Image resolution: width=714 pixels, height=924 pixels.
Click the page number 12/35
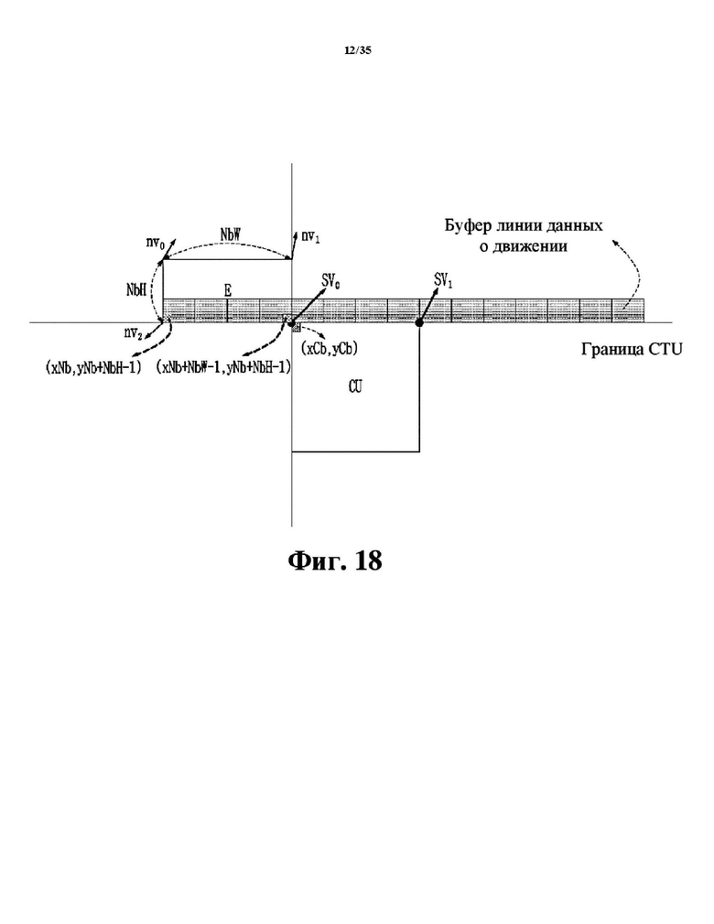pyautogui.click(x=358, y=50)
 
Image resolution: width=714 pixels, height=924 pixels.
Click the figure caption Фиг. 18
pyautogui.click(x=335, y=560)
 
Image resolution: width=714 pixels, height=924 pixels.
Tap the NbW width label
pyautogui.click(x=231, y=234)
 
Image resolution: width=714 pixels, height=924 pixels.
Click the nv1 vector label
pyautogui.click(x=310, y=236)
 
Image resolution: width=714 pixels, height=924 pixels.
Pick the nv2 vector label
pyautogui.click(x=133, y=333)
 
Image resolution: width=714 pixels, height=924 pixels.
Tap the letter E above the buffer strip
pyautogui.click(x=227, y=290)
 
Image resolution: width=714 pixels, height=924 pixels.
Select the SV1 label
pyautogui.click(x=443, y=281)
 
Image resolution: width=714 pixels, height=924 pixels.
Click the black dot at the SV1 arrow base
pyautogui.click(x=419, y=323)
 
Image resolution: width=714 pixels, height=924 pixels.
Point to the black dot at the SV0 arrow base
pyautogui.click(x=291, y=322)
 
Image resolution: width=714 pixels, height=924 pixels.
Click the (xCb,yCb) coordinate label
pyautogui.click(x=330, y=348)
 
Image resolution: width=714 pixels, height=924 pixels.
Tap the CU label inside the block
pyautogui.click(x=355, y=386)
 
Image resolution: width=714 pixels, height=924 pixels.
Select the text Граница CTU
pyautogui.click(x=632, y=350)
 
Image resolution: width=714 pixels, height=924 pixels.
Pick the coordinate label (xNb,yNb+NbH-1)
pyautogui.click(x=93, y=368)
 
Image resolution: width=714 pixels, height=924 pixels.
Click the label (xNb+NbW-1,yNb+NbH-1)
pyautogui.click(x=223, y=368)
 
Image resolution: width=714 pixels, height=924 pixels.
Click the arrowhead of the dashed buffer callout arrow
pyautogui.click(x=613, y=242)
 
